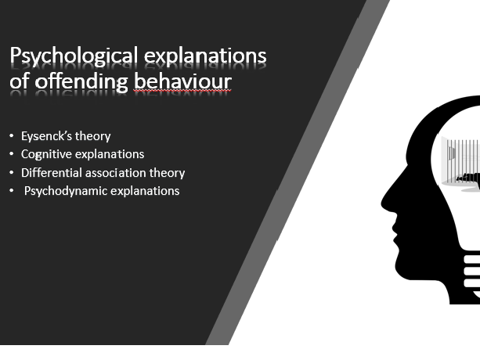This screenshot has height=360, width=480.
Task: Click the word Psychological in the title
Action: pyautogui.click(x=74, y=56)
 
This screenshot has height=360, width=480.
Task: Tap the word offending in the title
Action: pyautogui.click(x=81, y=81)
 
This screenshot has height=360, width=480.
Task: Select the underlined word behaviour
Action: pyautogui.click(x=182, y=81)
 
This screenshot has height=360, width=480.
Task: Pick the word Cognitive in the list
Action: pyautogui.click(x=46, y=154)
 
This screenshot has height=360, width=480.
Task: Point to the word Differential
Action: pyautogui.click(x=52, y=173)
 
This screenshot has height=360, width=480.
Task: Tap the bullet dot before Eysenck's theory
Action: pyautogui.click(x=12, y=135)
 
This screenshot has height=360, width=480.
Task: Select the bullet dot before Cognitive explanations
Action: pyautogui.click(x=12, y=153)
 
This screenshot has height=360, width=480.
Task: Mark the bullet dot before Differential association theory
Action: pyautogui.click(x=12, y=172)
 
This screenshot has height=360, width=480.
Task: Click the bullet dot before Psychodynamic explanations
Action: pyautogui.click(x=12, y=190)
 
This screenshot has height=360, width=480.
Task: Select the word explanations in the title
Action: pyautogui.click(x=205, y=57)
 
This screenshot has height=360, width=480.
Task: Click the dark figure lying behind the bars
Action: pyautogui.click(x=468, y=178)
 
